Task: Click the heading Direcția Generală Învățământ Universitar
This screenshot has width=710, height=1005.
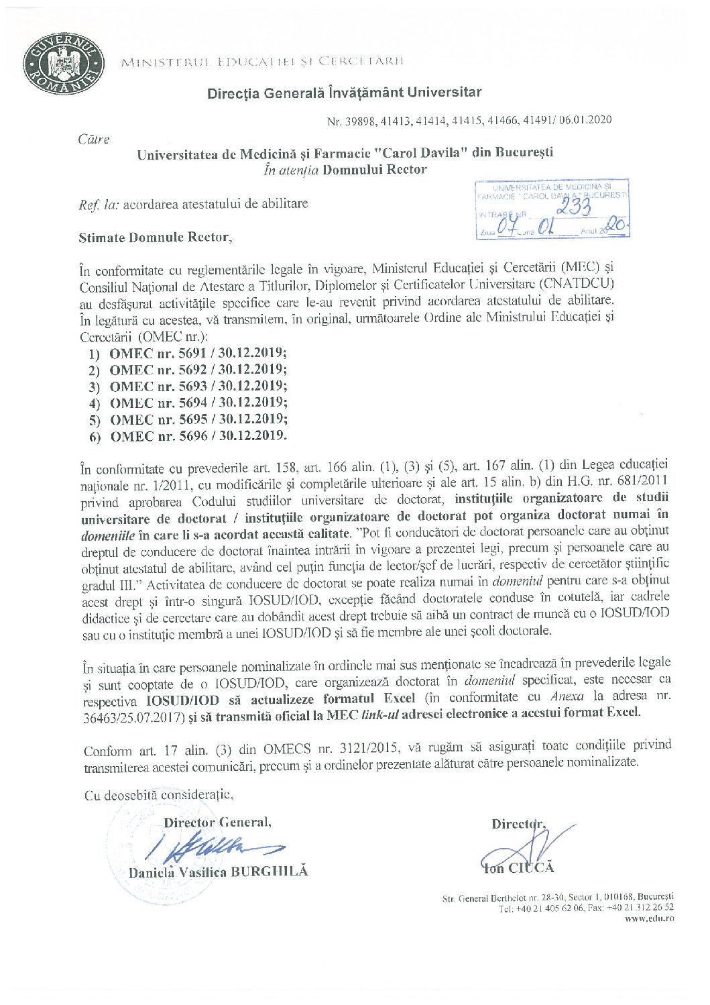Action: [344, 93]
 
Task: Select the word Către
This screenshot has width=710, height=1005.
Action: [94, 140]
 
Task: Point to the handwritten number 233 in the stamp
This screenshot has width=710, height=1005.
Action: [574, 207]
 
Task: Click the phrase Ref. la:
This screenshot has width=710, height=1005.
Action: [99, 205]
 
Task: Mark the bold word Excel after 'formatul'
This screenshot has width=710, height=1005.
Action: [400, 698]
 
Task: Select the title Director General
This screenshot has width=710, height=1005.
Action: [217, 823]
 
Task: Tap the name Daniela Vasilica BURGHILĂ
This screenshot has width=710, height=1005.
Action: [218, 872]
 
